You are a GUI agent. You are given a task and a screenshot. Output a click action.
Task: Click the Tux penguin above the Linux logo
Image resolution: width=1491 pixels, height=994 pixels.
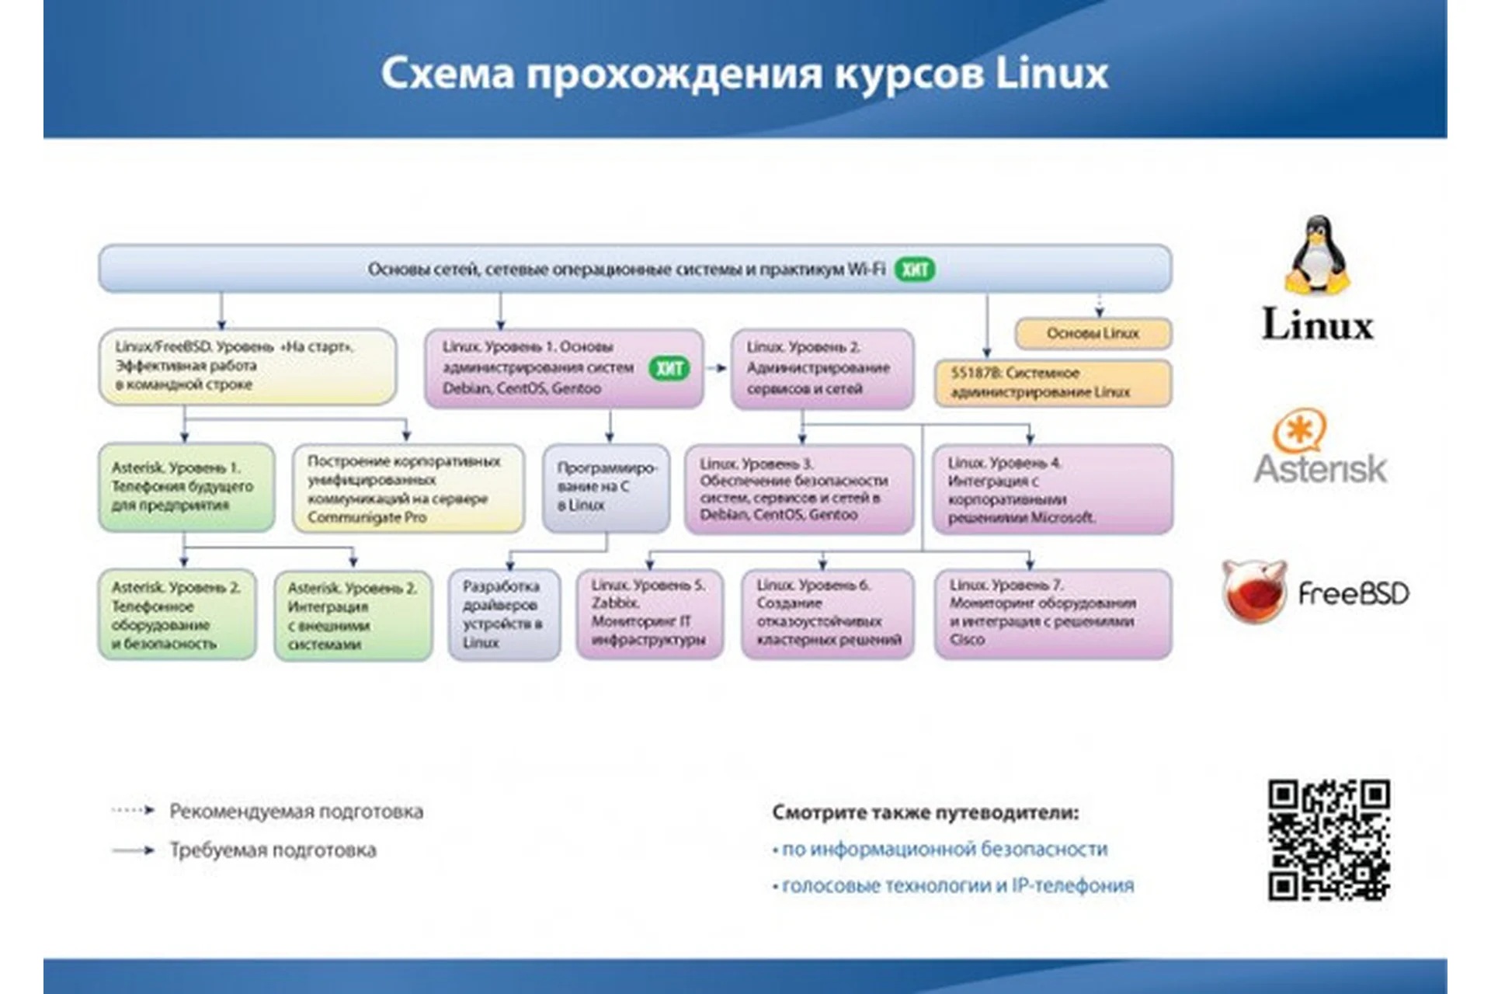(x=1318, y=255)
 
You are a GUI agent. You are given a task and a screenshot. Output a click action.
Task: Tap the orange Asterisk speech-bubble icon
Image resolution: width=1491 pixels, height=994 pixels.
(x=1298, y=431)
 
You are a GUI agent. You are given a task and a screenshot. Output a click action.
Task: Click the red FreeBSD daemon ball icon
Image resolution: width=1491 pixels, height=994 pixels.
(x=1253, y=592)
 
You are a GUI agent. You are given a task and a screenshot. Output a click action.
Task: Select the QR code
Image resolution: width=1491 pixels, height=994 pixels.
(x=1329, y=840)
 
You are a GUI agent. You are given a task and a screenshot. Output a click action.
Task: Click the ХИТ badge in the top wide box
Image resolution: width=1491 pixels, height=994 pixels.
(x=915, y=269)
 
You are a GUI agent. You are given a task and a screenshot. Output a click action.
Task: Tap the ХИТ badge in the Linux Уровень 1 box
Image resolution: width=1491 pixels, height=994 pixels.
(x=669, y=367)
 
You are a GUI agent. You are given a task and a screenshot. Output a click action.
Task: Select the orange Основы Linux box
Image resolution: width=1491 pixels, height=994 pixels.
(x=1093, y=333)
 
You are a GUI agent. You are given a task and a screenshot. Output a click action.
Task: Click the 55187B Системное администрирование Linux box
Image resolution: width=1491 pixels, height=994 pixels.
(x=1052, y=383)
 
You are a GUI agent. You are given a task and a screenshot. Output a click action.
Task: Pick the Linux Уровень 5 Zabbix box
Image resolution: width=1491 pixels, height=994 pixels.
(x=649, y=613)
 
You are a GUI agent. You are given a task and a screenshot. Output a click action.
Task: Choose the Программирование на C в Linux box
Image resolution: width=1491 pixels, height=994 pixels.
(x=606, y=488)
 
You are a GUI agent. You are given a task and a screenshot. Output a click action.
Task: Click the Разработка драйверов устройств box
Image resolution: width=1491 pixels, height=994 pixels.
(x=503, y=614)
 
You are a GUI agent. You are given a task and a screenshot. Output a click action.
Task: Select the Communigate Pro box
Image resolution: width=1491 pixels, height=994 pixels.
(x=408, y=488)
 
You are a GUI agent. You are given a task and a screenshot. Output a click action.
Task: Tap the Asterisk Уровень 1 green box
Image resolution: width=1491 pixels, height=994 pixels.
(x=186, y=487)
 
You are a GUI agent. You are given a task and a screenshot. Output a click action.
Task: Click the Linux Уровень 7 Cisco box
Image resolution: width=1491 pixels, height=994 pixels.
(x=1052, y=613)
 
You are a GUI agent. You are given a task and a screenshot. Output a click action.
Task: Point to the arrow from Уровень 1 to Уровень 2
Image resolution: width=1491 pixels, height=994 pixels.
(x=717, y=368)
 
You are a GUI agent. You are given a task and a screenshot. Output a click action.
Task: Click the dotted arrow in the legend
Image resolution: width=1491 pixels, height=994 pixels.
(x=133, y=811)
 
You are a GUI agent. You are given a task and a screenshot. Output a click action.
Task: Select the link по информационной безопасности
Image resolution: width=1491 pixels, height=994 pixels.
(x=944, y=849)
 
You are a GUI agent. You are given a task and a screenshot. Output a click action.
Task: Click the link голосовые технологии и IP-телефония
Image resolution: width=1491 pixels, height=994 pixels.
(x=957, y=885)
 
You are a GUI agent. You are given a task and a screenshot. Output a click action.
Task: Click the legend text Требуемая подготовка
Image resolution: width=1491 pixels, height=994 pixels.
(x=273, y=850)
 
